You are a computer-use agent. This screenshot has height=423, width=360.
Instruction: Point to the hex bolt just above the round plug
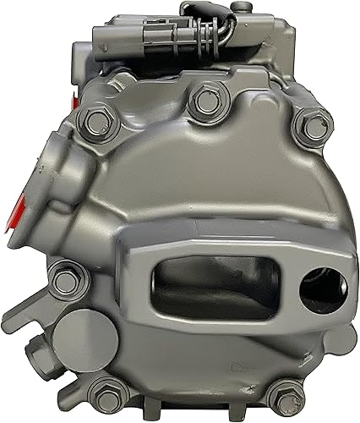pos(63,275)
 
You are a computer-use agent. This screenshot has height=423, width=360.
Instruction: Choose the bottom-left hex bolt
pos(106,393)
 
